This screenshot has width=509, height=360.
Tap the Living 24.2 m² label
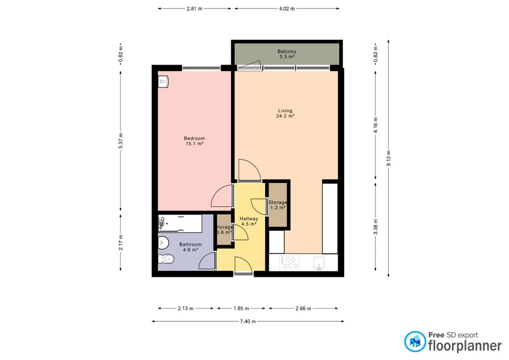(x=285, y=113)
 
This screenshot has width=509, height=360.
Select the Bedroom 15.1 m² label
(x=194, y=141)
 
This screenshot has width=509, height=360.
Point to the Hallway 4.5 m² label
(x=249, y=221)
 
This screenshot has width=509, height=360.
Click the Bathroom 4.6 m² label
(x=190, y=247)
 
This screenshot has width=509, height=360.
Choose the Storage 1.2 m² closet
(x=278, y=205)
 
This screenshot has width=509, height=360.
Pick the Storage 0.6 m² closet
(x=223, y=230)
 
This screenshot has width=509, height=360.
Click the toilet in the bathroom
(x=166, y=259)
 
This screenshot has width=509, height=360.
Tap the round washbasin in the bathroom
(x=163, y=243)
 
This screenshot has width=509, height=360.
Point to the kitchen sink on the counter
(x=320, y=262)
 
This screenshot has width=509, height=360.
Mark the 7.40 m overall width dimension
(x=247, y=321)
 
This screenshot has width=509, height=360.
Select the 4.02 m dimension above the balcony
(x=287, y=8)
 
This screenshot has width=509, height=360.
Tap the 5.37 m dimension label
(x=121, y=141)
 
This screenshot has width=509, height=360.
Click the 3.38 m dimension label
(x=375, y=228)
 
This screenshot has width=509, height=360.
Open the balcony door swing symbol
(x=249, y=65)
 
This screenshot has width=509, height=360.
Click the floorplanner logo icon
(x=415, y=341)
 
